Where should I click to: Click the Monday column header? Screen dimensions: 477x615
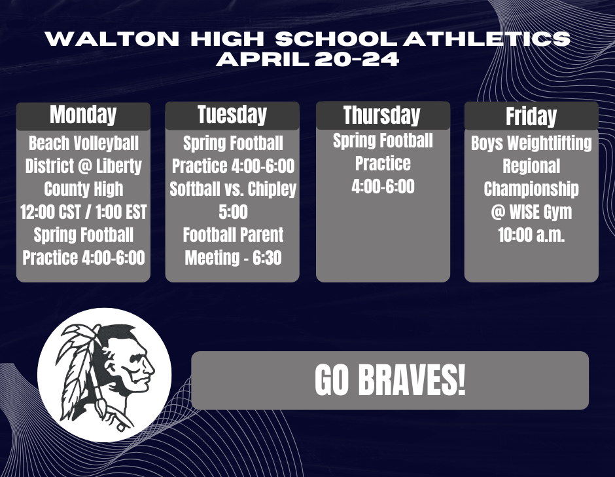click(83, 115)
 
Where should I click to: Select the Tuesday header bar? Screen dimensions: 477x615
click(232, 115)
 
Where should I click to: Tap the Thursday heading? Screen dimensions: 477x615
click(383, 115)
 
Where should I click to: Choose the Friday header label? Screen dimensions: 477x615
click(531, 116)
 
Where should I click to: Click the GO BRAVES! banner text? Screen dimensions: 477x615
click(390, 381)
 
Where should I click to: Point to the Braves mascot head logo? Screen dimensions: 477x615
click(105, 375)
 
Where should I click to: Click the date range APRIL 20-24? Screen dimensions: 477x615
click(307, 60)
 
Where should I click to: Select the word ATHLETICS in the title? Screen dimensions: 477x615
click(487, 39)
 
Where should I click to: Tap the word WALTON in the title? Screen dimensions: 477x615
click(112, 39)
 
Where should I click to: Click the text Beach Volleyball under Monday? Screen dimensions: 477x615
click(84, 143)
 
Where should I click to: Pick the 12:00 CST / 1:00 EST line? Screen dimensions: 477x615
click(84, 212)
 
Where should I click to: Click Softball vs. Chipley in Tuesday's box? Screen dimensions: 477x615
click(233, 189)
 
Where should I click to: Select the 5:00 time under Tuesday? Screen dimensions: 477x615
click(233, 212)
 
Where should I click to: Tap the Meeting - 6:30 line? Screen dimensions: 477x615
click(233, 258)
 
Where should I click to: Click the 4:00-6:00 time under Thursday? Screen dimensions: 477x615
click(383, 187)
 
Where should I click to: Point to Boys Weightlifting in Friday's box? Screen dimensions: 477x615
click(531, 143)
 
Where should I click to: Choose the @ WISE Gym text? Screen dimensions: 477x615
click(531, 212)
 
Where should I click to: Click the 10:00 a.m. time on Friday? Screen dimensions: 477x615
click(531, 235)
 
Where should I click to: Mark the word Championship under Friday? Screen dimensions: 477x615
click(531, 189)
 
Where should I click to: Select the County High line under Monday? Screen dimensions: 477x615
click(84, 189)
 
